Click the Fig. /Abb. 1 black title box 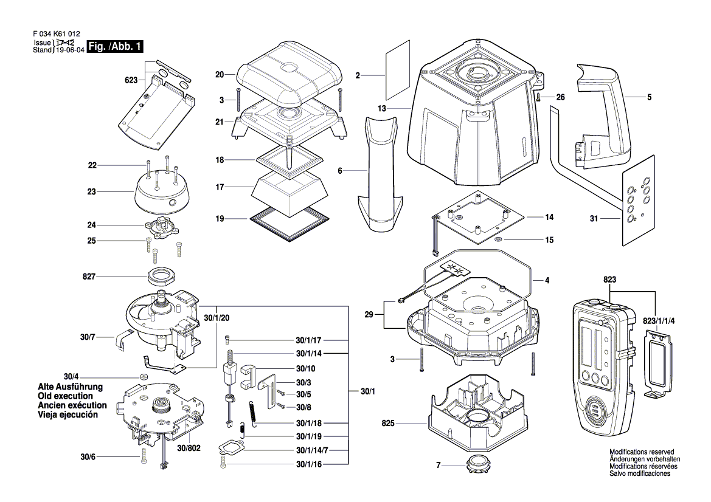[x=116, y=47]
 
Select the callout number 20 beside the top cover [x=220, y=75]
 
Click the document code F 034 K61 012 [x=54, y=35]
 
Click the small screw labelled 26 [x=539, y=97]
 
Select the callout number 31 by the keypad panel [x=598, y=220]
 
